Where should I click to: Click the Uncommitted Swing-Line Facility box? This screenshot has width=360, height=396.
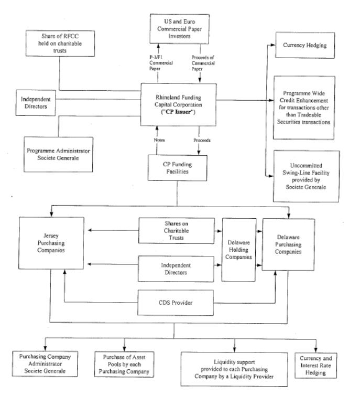(x=302, y=175)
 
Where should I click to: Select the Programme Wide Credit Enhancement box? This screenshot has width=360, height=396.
(x=302, y=107)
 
